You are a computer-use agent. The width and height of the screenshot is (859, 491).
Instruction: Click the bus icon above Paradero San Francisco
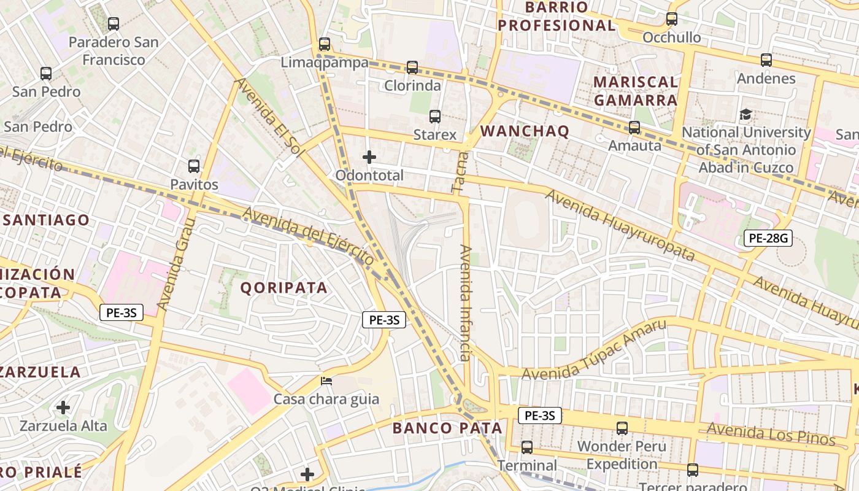click(x=114, y=24)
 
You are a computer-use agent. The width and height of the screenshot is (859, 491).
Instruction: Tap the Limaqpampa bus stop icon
click(x=325, y=44)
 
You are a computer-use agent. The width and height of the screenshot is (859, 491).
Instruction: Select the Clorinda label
click(x=412, y=85)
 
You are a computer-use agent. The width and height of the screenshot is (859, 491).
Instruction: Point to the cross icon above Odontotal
click(x=369, y=157)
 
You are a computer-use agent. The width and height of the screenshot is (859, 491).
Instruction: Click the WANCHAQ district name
click(x=525, y=131)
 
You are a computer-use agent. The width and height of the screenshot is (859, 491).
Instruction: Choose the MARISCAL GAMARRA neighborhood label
click(x=636, y=91)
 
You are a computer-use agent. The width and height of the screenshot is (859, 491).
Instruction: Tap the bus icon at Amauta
click(x=634, y=128)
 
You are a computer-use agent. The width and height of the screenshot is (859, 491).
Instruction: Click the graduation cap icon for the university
click(x=745, y=114)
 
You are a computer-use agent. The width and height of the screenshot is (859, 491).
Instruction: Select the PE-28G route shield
click(x=768, y=238)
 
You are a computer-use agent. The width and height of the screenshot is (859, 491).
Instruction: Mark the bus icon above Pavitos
click(x=194, y=166)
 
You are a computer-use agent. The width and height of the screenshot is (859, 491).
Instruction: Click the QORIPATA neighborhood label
click(x=283, y=288)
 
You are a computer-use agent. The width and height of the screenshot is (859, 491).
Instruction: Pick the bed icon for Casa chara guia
click(x=326, y=381)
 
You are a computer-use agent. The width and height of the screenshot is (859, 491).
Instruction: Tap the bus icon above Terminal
click(x=527, y=447)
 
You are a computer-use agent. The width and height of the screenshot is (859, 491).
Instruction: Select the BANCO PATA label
click(x=447, y=428)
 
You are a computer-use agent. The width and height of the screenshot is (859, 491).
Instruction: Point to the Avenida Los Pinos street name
click(x=771, y=434)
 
